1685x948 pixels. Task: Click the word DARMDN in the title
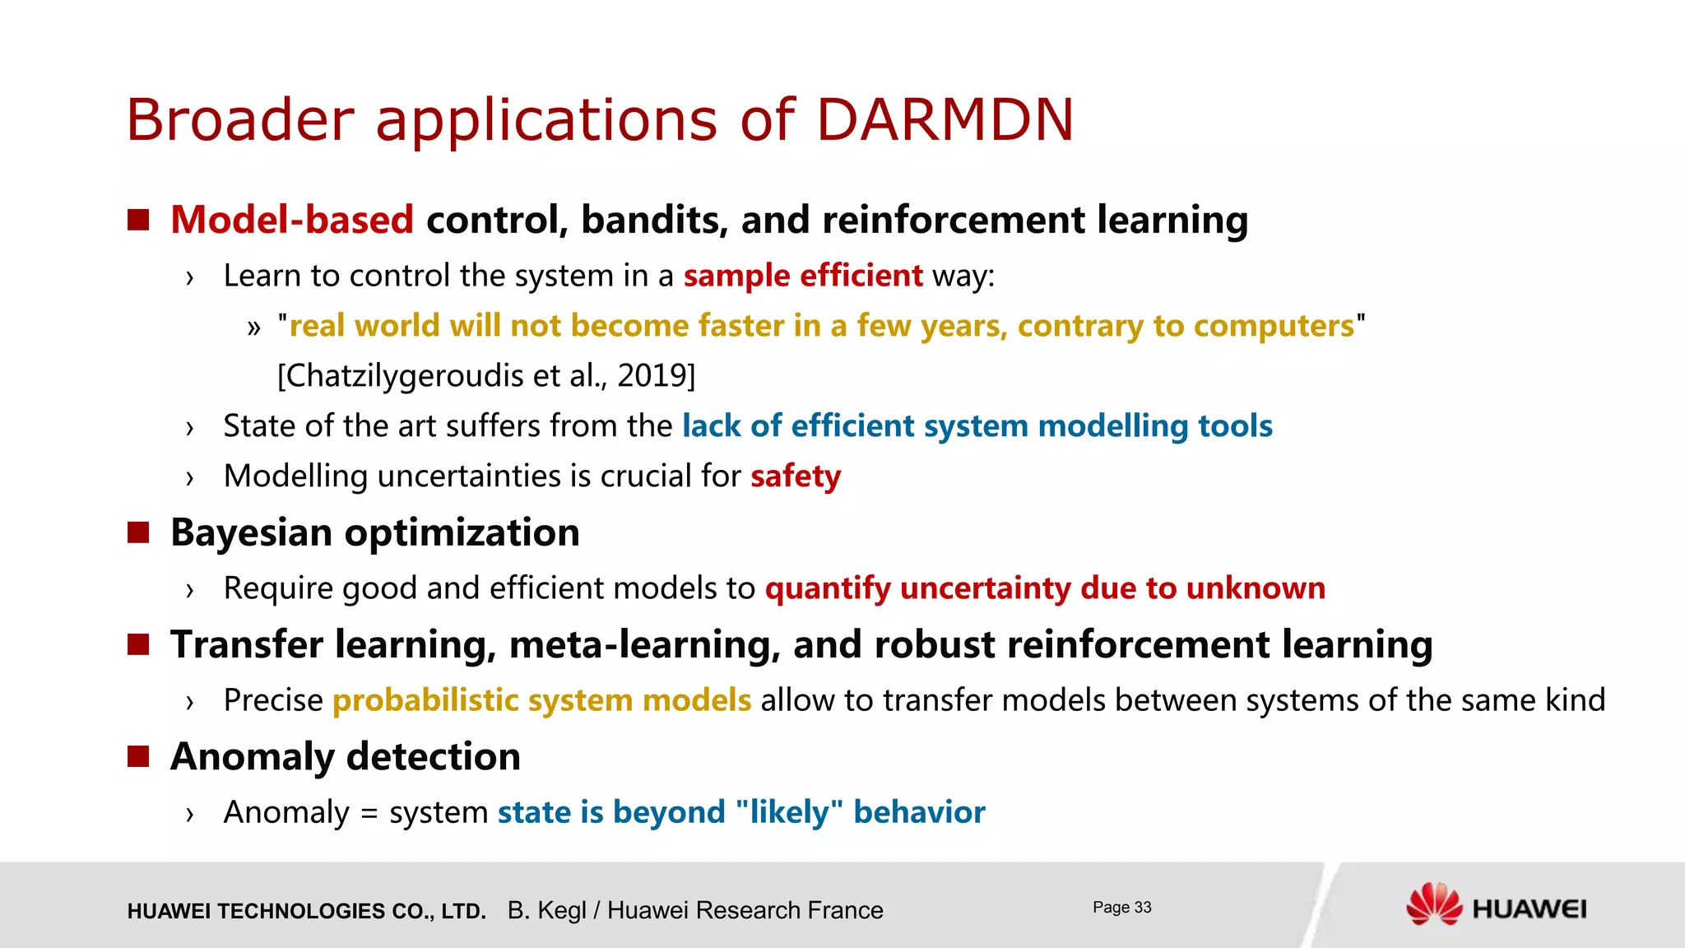pos(945,120)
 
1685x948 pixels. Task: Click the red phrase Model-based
pos(292,220)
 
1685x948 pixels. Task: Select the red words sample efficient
pos(803,276)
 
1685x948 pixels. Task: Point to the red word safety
pos(796,476)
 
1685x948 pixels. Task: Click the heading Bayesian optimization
pos(375,532)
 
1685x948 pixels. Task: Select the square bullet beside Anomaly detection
pos(138,756)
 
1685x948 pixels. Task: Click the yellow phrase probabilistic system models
pos(541,700)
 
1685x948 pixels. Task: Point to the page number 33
pos(1142,907)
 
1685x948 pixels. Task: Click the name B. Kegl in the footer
pos(546,910)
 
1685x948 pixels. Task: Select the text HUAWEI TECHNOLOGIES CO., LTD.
pos(306,911)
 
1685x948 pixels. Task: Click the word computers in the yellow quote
pos(1274,326)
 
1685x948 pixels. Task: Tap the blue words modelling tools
pos(1155,426)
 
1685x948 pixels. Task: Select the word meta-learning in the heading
pos(644,644)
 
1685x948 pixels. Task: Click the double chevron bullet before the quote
pos(253,328)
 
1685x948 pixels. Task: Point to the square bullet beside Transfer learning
pos(138,644)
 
